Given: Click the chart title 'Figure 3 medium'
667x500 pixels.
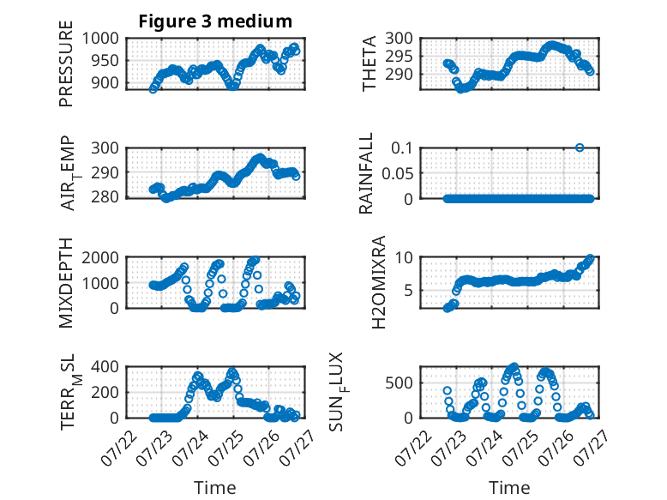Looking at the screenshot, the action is [215, 21].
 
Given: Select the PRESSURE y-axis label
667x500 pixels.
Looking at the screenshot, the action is [66, 63].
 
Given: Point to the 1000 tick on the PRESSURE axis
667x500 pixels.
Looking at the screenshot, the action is [100, 39].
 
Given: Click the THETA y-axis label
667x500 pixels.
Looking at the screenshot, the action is [370, 63].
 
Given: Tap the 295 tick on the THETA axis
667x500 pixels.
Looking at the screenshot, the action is [399, 56].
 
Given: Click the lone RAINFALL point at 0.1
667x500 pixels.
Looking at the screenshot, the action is [580, 148].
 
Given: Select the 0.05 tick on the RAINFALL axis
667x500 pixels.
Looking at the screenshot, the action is [398, 173].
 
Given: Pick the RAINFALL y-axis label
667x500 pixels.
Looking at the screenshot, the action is [366, 173].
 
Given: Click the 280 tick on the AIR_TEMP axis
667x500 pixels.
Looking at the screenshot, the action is [105, 197].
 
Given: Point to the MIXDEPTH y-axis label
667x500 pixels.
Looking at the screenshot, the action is [66, 283].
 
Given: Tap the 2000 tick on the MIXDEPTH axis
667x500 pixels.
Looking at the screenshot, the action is [100, 257].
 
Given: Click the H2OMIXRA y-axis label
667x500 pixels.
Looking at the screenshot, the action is [379, 282].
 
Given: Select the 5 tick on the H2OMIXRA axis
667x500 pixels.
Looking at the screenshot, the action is [408, 291].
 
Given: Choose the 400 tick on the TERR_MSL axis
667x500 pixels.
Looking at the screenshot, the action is [105, 367].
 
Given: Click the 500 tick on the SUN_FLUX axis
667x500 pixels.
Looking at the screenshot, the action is [399, 383].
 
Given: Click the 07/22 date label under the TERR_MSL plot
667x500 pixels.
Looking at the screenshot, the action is [119, 448].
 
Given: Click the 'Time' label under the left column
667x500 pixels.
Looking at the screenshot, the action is [215, 488].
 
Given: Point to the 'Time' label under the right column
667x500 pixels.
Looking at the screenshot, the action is [509, 488].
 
